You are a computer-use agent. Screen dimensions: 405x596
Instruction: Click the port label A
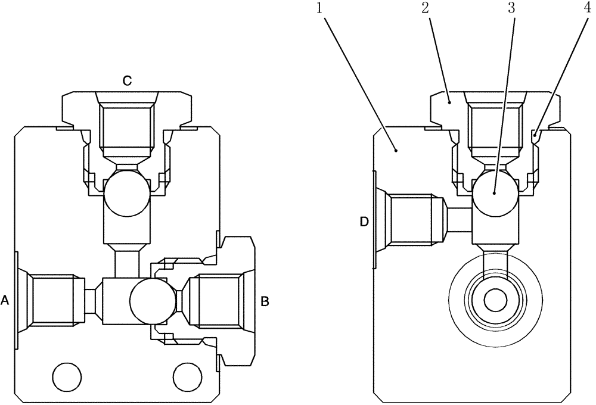[x=5, y=301]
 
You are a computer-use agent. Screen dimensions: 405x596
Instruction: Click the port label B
[x=265, y=301]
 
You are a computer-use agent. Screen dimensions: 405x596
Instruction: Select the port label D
[x=364, y=222]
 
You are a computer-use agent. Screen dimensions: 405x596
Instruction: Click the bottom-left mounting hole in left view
[x=66, y=376]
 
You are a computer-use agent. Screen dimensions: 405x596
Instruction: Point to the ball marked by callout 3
[x=495, y=194]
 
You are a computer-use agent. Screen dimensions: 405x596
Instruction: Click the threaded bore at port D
[x=411, y=219]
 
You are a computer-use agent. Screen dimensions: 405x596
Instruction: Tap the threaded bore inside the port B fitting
[x=218, y=301]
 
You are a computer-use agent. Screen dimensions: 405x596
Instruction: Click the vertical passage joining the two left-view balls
[x=126, y=264]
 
